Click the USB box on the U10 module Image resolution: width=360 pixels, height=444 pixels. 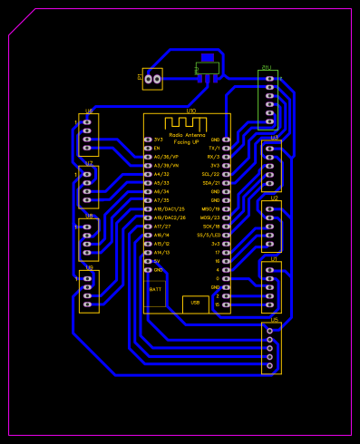(x=195, y=304)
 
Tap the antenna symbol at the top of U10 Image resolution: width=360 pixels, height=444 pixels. (x=186, y=122)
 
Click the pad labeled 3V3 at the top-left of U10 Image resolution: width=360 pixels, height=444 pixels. (x=148, y=140)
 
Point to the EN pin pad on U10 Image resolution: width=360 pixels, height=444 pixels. (x=148, y=148)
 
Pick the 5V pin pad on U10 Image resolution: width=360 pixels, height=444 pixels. (x=148, y=261)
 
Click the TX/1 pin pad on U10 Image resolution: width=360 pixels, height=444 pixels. (x=226, y=148)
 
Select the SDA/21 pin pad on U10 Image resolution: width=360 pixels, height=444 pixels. (x=226, y=183)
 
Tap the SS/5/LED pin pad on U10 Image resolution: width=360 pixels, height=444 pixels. (x=226, y=235)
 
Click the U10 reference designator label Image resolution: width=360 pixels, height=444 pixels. (x=190, y=111)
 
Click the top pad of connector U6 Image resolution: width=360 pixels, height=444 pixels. (x=87, y=121)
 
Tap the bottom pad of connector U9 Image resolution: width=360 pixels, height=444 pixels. (x=88, y=305)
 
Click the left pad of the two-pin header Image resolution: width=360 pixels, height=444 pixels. (x=148, y=80)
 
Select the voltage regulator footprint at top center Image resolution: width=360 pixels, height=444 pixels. (x=207, y=68)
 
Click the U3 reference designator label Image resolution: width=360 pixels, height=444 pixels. (x=275, y=138)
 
